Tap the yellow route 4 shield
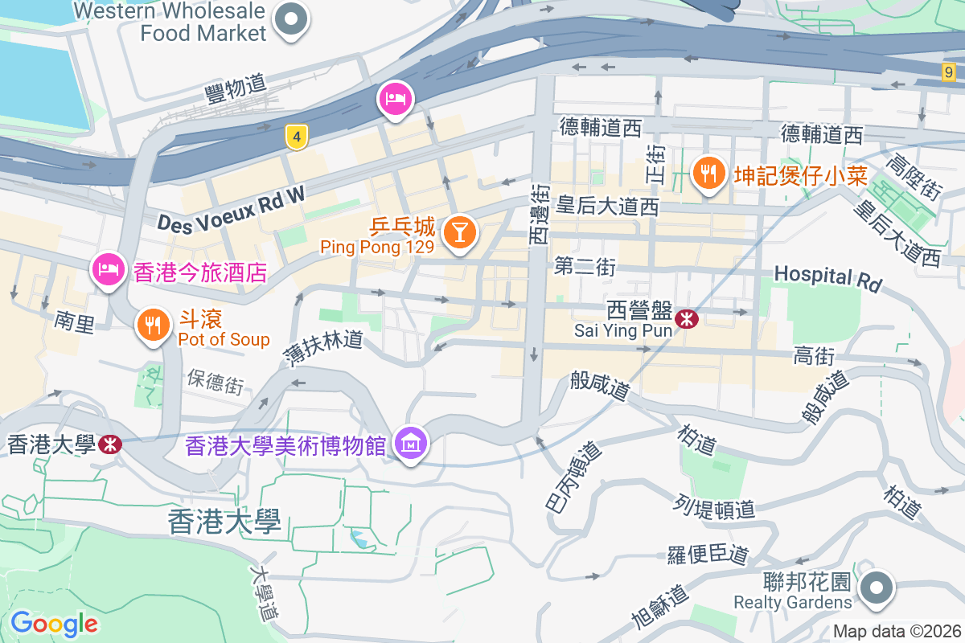pyautogui.click(x=297, y=137)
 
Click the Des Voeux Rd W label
pyautogui.click(x=232, y=210)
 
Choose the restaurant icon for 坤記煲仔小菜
pyautogui.click(x=708, y=173)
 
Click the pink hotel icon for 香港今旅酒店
pyautogui.click(x=108, y=270)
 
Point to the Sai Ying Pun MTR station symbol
pyautogui.click(x=687, y=319)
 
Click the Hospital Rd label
pyautogui.click(x=827, y=278)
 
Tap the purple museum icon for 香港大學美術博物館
pyautogui.click(x=411, y=442)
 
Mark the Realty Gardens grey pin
pyautogui.click(x=876, y=588)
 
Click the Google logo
pyautogui.click(x=54, y=623)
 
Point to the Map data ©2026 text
pyautogui.click(x=897, y=631)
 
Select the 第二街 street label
pyautogui.click(x=585, y=267)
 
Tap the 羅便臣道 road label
pyautogui.click(x=708, y=554)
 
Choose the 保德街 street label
pyautogui.click(x=216, y=381)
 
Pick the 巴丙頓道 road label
pyautogui.click(x=573, y=478)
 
